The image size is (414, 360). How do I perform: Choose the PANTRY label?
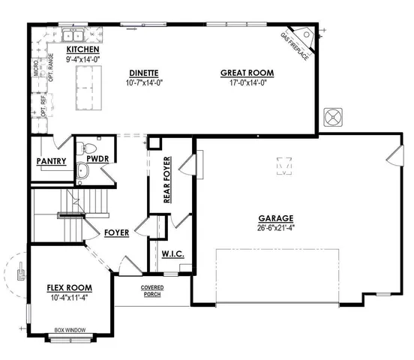[x=52, y=161]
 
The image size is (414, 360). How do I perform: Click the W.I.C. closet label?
[x=172, y=254]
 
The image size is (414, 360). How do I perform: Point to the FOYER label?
[x=116, y=232]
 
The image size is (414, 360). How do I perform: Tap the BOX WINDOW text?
[x=69, y=328]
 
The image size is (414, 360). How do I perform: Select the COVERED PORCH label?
[x=152, y=292]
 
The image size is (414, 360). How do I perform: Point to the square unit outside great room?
[x=332, y=117]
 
